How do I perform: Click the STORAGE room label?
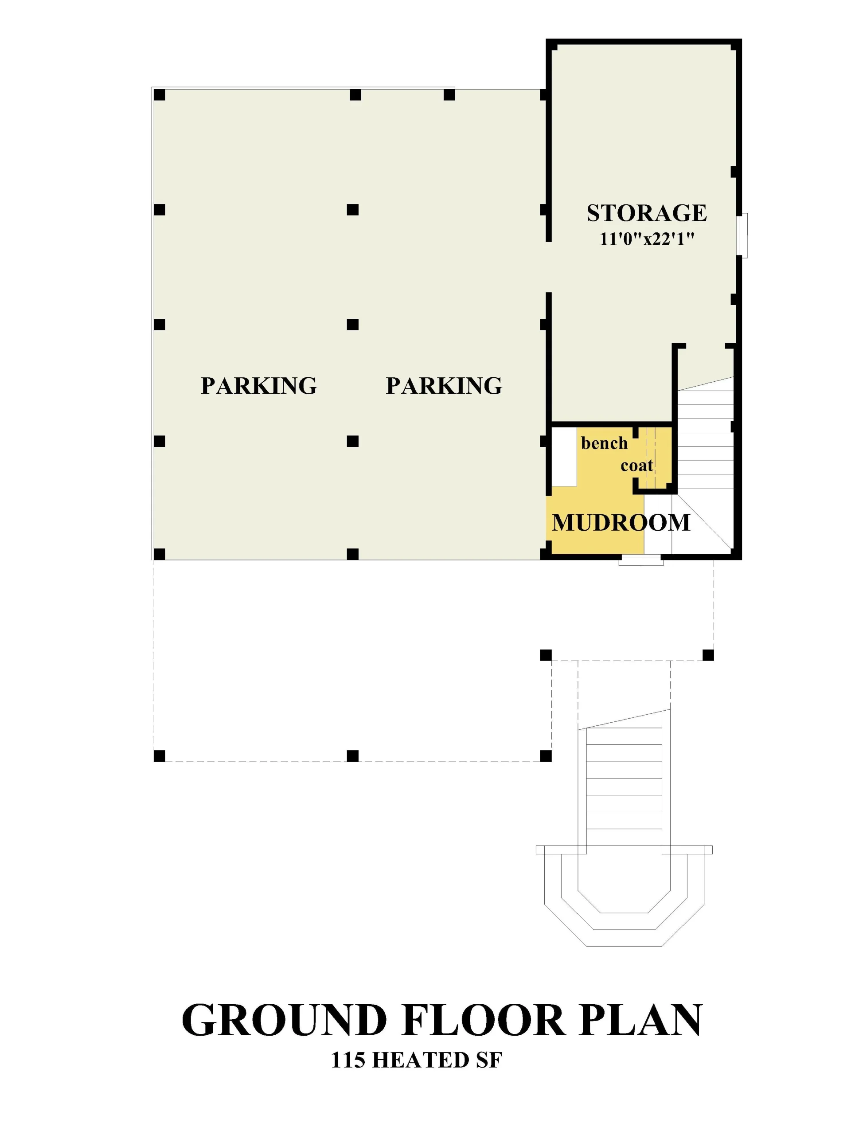click(646, 213)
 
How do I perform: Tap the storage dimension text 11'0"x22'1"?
click(647, 239)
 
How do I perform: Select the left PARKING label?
click(258, 386)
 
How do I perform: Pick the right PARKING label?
click(444, 386)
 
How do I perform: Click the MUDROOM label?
click(621, 522)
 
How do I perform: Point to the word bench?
click(604, 443)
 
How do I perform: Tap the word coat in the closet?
click(636, 466)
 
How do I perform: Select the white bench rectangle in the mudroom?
click(564, 457)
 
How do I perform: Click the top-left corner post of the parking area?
click(160, 95)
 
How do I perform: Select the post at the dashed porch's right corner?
click(708, 655)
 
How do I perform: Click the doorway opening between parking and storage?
click(548, 267)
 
